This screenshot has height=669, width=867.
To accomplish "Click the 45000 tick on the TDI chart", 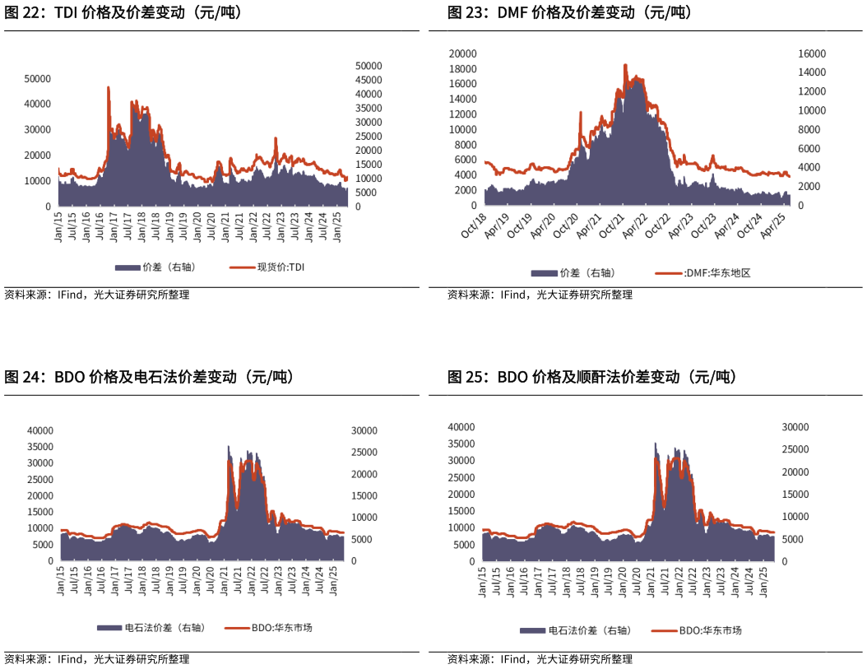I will click(x=367, y=80).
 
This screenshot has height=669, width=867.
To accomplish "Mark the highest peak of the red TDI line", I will click(x=108, y=87).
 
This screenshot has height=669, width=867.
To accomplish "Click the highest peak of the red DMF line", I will click(x=625, y=65).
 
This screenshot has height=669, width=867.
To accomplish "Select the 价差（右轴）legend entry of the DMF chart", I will click(x=586, y=273).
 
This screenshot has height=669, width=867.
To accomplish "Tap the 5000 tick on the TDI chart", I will click(x=367, y=193).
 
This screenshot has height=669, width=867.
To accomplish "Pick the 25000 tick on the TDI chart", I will click(x=367, y=137).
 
